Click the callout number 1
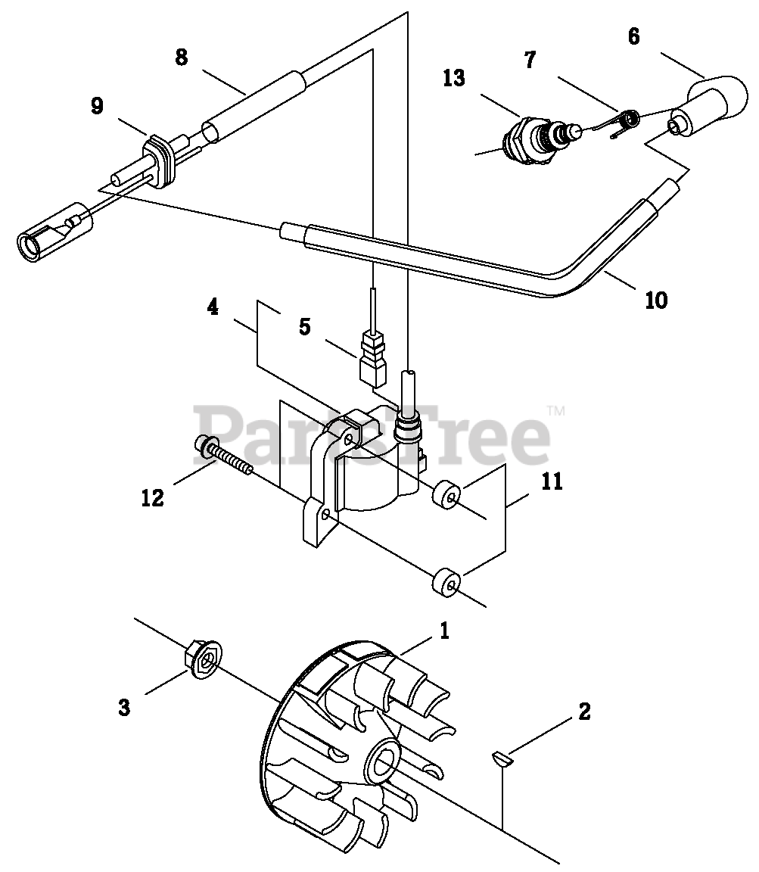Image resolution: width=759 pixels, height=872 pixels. (x=444, y=631)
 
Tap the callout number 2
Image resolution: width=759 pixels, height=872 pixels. (x=583, y=712)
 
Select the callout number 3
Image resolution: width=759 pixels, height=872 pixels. (x=124, y=708)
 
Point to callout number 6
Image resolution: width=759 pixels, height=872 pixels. (x=633, y=36)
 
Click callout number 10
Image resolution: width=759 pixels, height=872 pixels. (x=656, y=300)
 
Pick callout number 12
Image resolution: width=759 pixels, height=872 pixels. (x=153, y=498)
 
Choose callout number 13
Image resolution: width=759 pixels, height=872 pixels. (x=455, y=78)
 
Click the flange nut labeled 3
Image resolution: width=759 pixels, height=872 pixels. (x=203, y=661)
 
